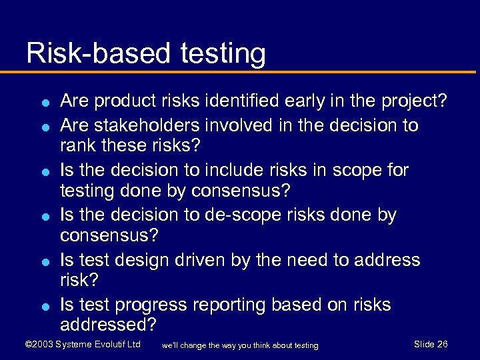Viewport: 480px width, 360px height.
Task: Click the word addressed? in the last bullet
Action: click(x=109, y=325)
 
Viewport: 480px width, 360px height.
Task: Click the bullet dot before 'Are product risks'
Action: click(x=43, y=103)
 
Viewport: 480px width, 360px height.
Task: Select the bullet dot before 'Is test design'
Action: click(x=43, y=261)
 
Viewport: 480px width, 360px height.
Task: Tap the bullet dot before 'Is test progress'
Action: click(x=43, y=307)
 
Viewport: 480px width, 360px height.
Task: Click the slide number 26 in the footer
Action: click(x=442, y=344)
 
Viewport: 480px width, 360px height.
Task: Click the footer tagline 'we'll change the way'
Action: click(x=239, y=345)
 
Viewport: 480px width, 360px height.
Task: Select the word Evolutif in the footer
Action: click(x=107, y=344)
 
